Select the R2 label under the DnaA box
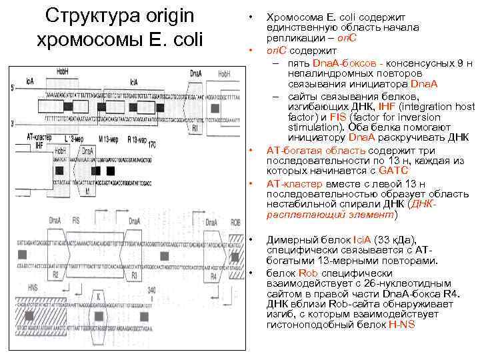(x=56, y=275)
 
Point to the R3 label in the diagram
(x=134, y=275)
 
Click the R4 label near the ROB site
(x=213, y=275)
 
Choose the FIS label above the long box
(x=75, y=221)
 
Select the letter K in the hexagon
(x=99, y=295)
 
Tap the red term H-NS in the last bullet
(x=402, y=324)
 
